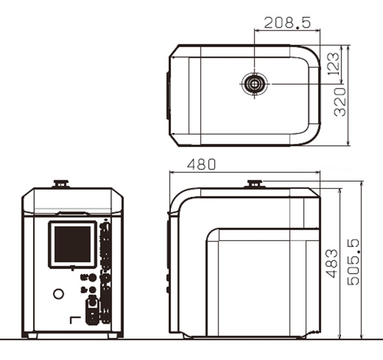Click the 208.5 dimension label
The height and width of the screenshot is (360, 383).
[287, 22]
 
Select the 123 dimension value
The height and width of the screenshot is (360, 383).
[333, 63]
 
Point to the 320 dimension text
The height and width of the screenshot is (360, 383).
[340, 102]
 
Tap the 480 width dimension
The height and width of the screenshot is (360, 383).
[201, 164]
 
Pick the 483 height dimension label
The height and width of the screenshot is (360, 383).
[332, 263]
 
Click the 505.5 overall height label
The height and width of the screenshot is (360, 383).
[353, 262]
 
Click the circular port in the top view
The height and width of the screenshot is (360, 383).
[254, 84]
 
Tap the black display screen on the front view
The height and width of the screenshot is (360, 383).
[72, 244]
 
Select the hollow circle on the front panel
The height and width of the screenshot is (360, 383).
[59, 294]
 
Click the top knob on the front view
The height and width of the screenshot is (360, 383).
[61, 184]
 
